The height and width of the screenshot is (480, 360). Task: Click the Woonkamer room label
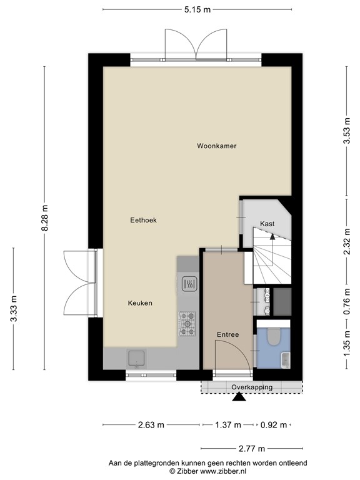point(217,146)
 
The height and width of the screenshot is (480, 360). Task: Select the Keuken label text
point(140,303)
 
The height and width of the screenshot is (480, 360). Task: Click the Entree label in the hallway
point(227,335)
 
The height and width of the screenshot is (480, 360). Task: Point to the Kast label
point(267,224)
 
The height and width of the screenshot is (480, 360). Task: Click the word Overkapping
point(252,387)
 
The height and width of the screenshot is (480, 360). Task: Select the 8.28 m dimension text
point(44,219)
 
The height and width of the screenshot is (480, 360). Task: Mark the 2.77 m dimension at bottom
point(251,449)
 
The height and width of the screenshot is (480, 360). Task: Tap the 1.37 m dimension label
point(228,426)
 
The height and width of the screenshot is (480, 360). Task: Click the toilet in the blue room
point(273,338)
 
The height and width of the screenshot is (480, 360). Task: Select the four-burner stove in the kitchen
point(187,322)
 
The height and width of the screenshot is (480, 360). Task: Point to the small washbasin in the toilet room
point(286,360)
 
